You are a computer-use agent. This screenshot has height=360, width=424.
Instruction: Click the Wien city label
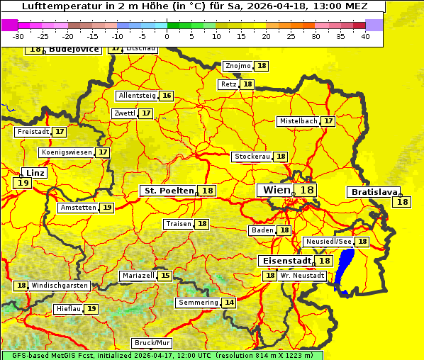[x=277, y=190]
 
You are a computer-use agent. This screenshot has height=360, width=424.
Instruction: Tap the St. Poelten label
[x=169, y=191]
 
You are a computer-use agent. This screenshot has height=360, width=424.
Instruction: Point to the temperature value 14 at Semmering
[x=229, y=303]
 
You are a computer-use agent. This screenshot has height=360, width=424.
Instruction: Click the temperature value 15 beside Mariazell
[x=165, y=276]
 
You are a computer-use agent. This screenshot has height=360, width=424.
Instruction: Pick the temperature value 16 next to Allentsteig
[x=167, y=96]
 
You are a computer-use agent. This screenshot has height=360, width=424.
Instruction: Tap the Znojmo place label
[x=238, y=66]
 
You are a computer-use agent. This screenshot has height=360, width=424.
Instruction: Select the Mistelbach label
[x=298, y=121]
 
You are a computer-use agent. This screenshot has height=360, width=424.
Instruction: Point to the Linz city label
[x=34, y=173]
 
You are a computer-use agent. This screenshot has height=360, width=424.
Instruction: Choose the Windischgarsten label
[x=60, y=286]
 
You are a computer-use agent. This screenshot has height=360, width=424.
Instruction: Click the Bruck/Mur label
[x=152, y=343]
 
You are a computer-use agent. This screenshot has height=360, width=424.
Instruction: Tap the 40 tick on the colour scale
[x=365, y=36]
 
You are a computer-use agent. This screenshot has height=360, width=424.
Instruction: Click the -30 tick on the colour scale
[x=18, y=36]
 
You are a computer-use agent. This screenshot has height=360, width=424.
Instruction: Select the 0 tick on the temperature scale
[x=167, y=36]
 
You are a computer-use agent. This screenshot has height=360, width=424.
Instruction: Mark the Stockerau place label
[x=252, y=157]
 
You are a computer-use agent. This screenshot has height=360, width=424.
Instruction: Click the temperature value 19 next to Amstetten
[x=106, y=208]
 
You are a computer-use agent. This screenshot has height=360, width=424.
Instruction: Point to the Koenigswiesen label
[x=67, y=152]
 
